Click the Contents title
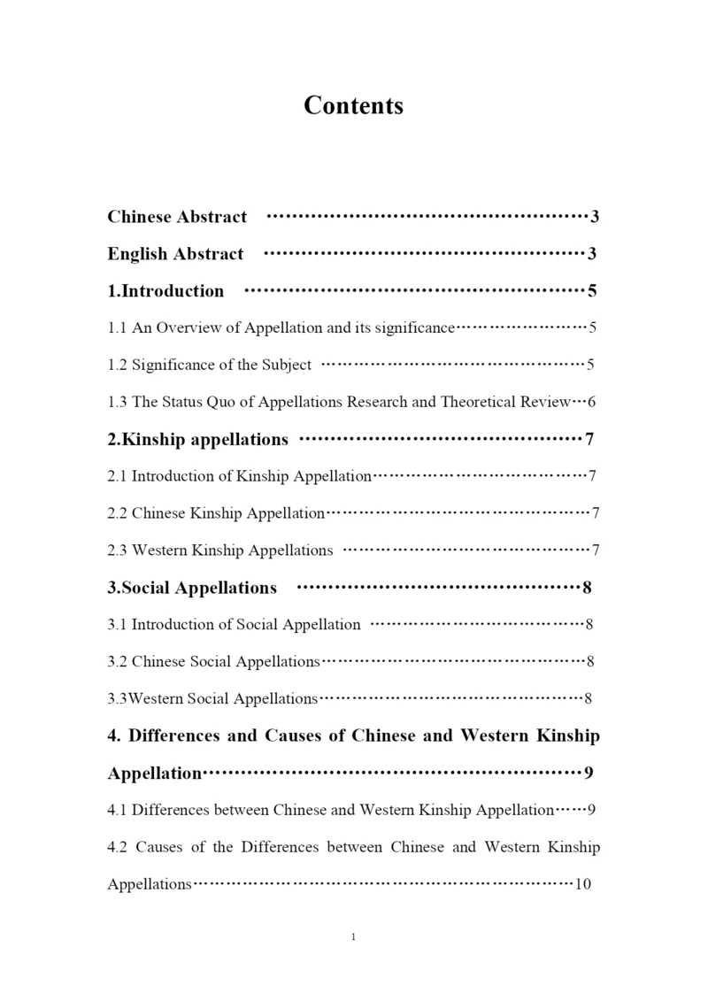[x=353, y=105]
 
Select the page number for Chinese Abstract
[x=596, y=217]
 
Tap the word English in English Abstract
[x=138, y=254]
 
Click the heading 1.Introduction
[x=165, y=291]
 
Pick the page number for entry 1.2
[x=590, y=365]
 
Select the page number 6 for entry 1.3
[x=591, y=402]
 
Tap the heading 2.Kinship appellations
[x=197, y=439]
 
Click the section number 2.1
[x=118, y=476]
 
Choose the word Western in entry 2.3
[x=160, y=551]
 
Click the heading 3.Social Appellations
[x=192, y=588]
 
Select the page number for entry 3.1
[x=589, y=625]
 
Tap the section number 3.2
[x=118, y=662]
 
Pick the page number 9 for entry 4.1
[x=591, y=810]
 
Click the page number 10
[x=583, y=884]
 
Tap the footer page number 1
[x=353, y=937]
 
